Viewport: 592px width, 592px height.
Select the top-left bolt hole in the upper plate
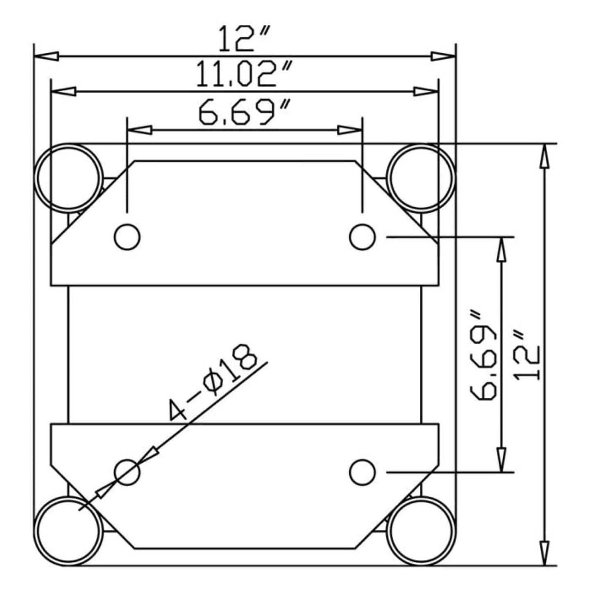(127, 236)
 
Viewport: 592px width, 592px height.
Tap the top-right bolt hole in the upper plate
(363, 236)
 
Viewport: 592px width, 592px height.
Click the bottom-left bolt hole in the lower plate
(127, 472)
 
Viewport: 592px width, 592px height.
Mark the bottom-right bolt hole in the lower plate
(363, 472)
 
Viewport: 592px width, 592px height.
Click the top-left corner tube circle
(69, 177)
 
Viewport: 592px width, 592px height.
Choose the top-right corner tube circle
(421, 177)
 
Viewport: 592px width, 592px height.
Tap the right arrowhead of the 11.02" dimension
(426, 92)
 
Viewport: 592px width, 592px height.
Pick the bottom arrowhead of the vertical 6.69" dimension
(500, 460)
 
